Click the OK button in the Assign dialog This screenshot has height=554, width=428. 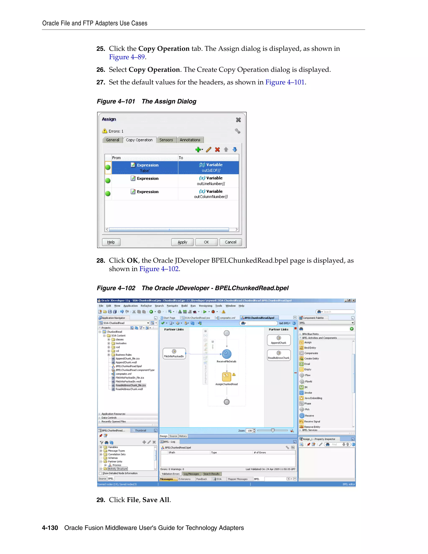point(206,242)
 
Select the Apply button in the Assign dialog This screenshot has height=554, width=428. point(182,242)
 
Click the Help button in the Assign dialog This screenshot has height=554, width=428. point(111,242)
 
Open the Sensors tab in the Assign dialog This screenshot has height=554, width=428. point(166,140)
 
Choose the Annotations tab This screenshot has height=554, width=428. point(190,140)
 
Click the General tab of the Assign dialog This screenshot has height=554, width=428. point(112,140)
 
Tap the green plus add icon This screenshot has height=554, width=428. point(198,150)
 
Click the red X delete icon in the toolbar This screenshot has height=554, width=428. point(217,150)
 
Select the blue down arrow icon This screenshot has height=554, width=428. point(235,150)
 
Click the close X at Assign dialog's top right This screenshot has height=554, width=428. point(238,120)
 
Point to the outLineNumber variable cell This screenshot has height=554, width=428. point(211,181)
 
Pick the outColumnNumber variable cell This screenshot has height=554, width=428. point(211,194)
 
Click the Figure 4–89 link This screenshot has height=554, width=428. point(127,57)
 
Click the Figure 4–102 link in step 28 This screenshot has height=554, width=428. point(159,269)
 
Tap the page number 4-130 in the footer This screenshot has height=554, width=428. point(50,528)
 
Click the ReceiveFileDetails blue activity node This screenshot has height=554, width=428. point(226,354)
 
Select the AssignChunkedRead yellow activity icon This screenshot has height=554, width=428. point(226,377)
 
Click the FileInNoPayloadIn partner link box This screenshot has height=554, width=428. point(174,353)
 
